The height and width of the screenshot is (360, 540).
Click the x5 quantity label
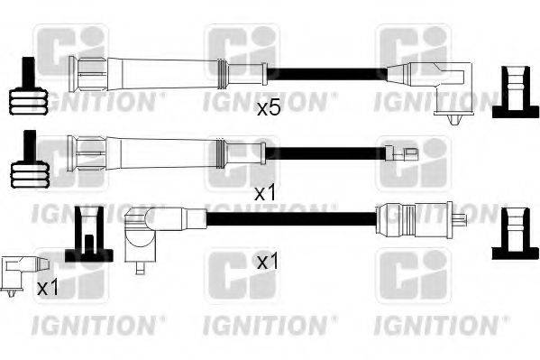[269, 108]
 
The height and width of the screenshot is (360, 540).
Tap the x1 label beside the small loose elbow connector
[47, 288]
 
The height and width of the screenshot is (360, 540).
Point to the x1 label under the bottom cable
[268, 263]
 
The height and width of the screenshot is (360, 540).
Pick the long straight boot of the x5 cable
[153, 69]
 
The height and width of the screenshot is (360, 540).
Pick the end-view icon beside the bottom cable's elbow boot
[89, 233]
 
